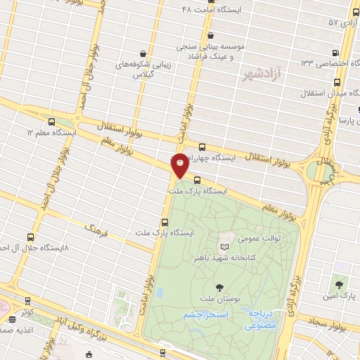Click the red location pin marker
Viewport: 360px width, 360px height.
tap(180, 165)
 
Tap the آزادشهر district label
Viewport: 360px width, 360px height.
tap(262, 74)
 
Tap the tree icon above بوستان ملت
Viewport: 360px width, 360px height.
tap(220, 286)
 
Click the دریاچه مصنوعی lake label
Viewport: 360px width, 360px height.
tap(260, 321)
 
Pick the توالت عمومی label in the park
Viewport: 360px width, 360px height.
tap(262, 238)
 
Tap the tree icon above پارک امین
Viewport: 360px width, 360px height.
tap(340, 285)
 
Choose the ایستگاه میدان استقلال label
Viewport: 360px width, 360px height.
tap(329, 93)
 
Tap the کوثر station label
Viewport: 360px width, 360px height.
tap(27, 311)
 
